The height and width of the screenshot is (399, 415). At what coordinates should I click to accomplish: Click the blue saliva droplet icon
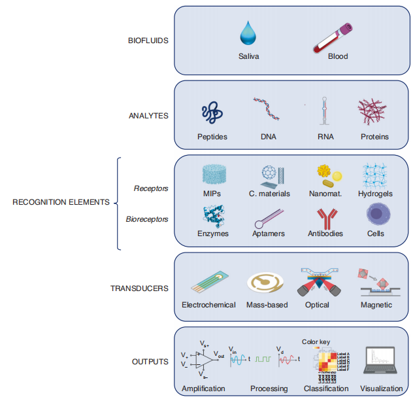[x=248, y=33]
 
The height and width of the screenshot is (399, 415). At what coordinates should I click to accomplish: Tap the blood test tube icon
[x=333, y=37]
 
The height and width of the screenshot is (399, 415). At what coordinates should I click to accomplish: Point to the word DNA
[x=269, y=137]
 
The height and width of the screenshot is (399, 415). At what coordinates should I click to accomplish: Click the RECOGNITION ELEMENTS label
[x=61, y=202]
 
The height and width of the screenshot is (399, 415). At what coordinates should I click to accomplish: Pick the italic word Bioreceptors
[x=147, y=219]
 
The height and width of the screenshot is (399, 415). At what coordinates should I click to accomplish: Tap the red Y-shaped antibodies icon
[x=325, y=216]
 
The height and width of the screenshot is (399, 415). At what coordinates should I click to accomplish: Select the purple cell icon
[x=376, y=214]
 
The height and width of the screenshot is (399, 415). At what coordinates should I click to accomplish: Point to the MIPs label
[x=212, y=194]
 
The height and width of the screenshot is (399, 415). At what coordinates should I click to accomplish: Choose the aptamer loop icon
[x=268, y=217]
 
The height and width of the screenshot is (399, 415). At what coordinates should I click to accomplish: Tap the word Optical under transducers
[x=317, y=305]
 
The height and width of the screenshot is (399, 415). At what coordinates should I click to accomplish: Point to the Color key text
[x=315, y=341]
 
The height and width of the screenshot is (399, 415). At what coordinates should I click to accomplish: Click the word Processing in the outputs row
[x=269, y=389]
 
